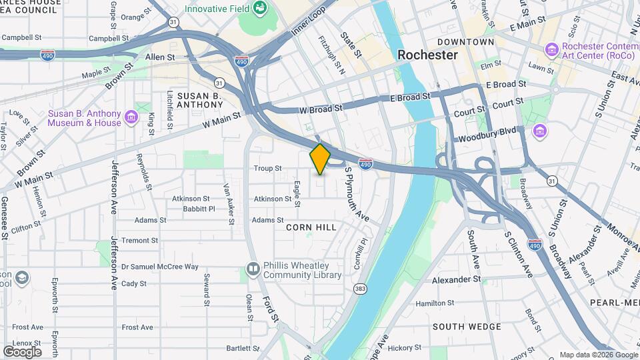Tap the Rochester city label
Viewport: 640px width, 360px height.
click(427, 55)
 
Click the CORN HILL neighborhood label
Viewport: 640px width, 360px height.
click(311, 227)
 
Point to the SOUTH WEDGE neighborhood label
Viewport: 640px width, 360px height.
click(467, 327)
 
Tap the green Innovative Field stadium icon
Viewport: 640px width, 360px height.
click(260, 9)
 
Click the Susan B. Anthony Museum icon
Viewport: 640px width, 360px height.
click(131, 118)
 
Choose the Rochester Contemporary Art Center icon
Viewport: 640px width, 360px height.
click(551, 50)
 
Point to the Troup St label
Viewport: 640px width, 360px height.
click(267, 169)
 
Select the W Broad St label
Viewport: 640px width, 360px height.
click(320, 107)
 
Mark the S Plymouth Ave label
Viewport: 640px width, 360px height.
click(357, 193)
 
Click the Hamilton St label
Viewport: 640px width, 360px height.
click(434, 303)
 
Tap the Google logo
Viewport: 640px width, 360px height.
click(22, 351)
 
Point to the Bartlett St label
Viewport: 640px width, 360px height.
click(242, 348)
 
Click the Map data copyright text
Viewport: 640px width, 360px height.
click(598, 355)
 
